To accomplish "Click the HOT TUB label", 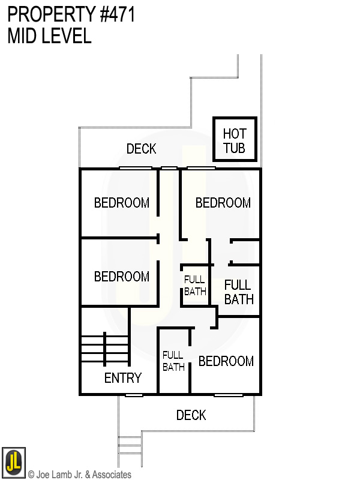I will coord(235,140).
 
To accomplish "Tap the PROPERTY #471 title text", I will coord(71,14).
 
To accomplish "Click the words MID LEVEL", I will coord(49,36).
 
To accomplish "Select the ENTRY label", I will coord(122,378).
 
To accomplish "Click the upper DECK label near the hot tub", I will coord(142,149).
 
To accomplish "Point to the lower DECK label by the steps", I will coord(191,415).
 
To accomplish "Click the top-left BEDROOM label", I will coord(121,203).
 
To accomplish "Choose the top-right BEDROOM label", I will coord(223,203).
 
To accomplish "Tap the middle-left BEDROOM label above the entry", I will coord(121,277).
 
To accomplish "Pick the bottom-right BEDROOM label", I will coord(226,361).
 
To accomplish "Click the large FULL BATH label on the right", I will coord(238,292).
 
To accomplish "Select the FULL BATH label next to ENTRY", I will coord(173,361).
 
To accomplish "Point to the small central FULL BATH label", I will coord(194,285).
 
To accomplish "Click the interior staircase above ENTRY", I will coord(105,349).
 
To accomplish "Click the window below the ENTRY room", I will coord(134,395).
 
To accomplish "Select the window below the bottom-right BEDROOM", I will coord(229,395).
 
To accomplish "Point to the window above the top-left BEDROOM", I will coord(136,168).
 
